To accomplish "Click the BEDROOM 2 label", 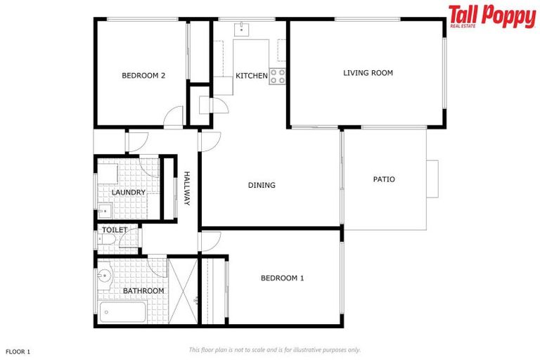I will (x=143, y=76).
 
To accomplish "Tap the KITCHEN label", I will (x=251, y=76).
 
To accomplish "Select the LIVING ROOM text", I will (x=368, y=72).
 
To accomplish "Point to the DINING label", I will (x=262, y=186).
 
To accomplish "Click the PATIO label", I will (x=384, y=179).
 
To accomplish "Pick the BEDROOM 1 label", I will (x=282, y=278).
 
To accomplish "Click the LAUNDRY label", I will (x=128, y=192).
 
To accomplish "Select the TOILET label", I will (x=115, y=230).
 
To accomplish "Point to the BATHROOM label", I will (x=143, y=290).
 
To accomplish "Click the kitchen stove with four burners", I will (x=277, y=76).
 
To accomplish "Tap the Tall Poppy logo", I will (x=491, y=16).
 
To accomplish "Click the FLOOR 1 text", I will (x=18, y=350).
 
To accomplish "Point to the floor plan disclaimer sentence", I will (x=274, y=349).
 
